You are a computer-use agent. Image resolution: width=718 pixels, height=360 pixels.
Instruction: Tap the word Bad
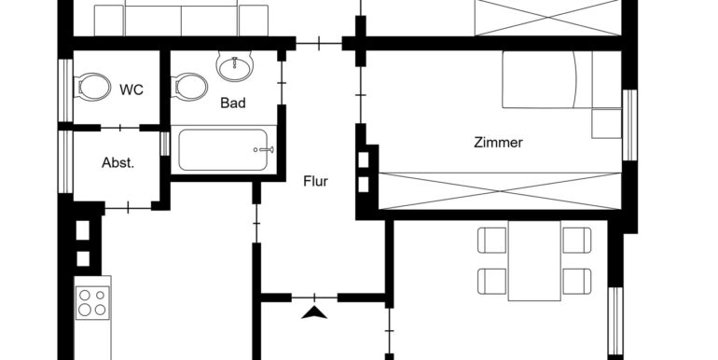(x=232, y=103)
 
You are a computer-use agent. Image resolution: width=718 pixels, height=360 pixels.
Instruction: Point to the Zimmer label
(x=498, y=143)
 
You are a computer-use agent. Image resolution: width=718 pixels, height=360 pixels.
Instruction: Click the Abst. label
(x=117, y=162)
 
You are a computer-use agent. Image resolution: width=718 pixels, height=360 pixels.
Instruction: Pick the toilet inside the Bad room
(x=190, y=89)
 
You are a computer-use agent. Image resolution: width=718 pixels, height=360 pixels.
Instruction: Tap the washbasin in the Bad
(x=234, y=67)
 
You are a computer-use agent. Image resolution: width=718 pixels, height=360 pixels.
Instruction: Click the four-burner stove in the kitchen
(x=91, y=303)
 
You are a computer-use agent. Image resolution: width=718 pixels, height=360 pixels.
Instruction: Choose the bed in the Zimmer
(x=545, y=81)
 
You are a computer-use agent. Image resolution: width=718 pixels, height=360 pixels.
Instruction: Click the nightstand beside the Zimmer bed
(x=606, y=123)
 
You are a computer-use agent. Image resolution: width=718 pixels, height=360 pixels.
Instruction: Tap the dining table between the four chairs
(x=534, y=261)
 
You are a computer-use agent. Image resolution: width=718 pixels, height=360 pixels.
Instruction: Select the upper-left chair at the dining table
(x=492, y=240)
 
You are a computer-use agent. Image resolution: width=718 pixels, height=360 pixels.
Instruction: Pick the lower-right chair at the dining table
(x=576, y=280)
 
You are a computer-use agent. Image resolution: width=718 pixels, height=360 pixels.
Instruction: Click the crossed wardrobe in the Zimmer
(x=500, y=191)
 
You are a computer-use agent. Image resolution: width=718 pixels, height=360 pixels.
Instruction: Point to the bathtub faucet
(x=262, y=149)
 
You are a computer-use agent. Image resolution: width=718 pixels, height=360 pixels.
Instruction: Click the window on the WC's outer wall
(x=64, y=90)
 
